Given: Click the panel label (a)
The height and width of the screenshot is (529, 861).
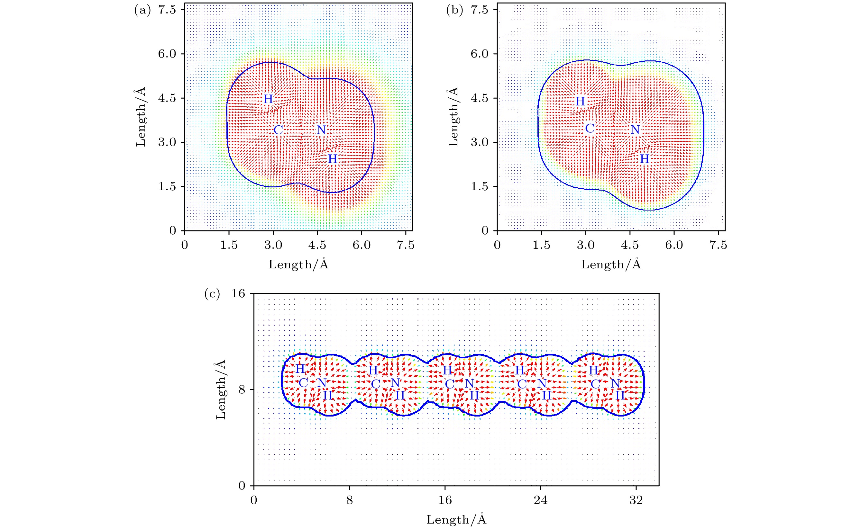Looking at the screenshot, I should [142, 11].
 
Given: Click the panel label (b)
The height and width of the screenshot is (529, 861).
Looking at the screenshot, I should [454, 11].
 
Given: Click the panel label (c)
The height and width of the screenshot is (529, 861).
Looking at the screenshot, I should [212, 294].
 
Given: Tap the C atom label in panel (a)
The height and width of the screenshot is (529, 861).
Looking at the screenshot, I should [278, 130].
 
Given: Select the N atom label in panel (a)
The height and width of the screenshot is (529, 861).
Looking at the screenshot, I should [321, 130].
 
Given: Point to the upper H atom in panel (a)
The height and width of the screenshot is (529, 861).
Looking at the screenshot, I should [268, 99].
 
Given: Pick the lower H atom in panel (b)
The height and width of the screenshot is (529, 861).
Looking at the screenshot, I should [644, 159].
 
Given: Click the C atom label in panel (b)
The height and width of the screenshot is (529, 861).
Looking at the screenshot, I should [590, 129].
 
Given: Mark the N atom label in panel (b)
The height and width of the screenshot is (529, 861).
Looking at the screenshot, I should [635, 130].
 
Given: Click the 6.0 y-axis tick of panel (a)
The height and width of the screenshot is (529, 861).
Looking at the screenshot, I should [167, 54].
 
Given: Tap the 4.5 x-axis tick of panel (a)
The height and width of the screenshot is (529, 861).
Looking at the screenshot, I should [317, 245].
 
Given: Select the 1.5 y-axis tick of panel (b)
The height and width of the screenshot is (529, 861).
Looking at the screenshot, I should [479, 186].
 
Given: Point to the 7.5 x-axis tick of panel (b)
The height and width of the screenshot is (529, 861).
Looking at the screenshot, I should [718, 245].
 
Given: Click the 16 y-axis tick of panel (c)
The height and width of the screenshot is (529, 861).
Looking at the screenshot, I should [238, 293].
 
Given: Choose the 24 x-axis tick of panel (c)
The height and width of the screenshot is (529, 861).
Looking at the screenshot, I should [541, 500].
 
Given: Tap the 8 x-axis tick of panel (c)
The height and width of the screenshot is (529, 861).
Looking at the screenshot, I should [349, 500].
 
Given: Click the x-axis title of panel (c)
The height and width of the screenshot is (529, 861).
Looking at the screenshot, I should [456, 519].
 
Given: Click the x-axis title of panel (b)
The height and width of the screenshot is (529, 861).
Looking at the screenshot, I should [611, 264].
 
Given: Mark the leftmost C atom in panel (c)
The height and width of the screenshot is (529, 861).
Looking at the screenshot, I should [303, 383].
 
